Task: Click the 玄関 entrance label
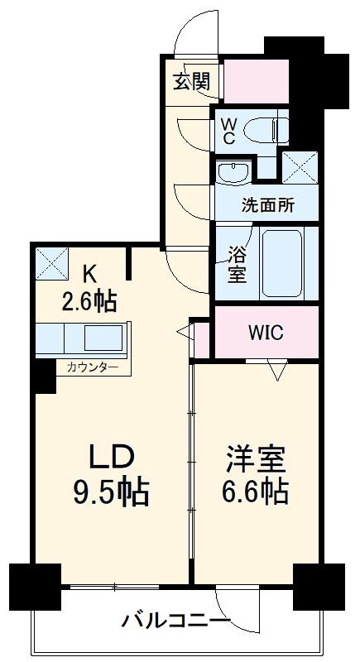[190, 82]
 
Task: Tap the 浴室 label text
[238, 263]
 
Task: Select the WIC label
[266, 333]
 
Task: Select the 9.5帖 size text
[111, 493]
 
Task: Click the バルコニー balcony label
[176, 620]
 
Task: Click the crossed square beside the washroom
[297, 167]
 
